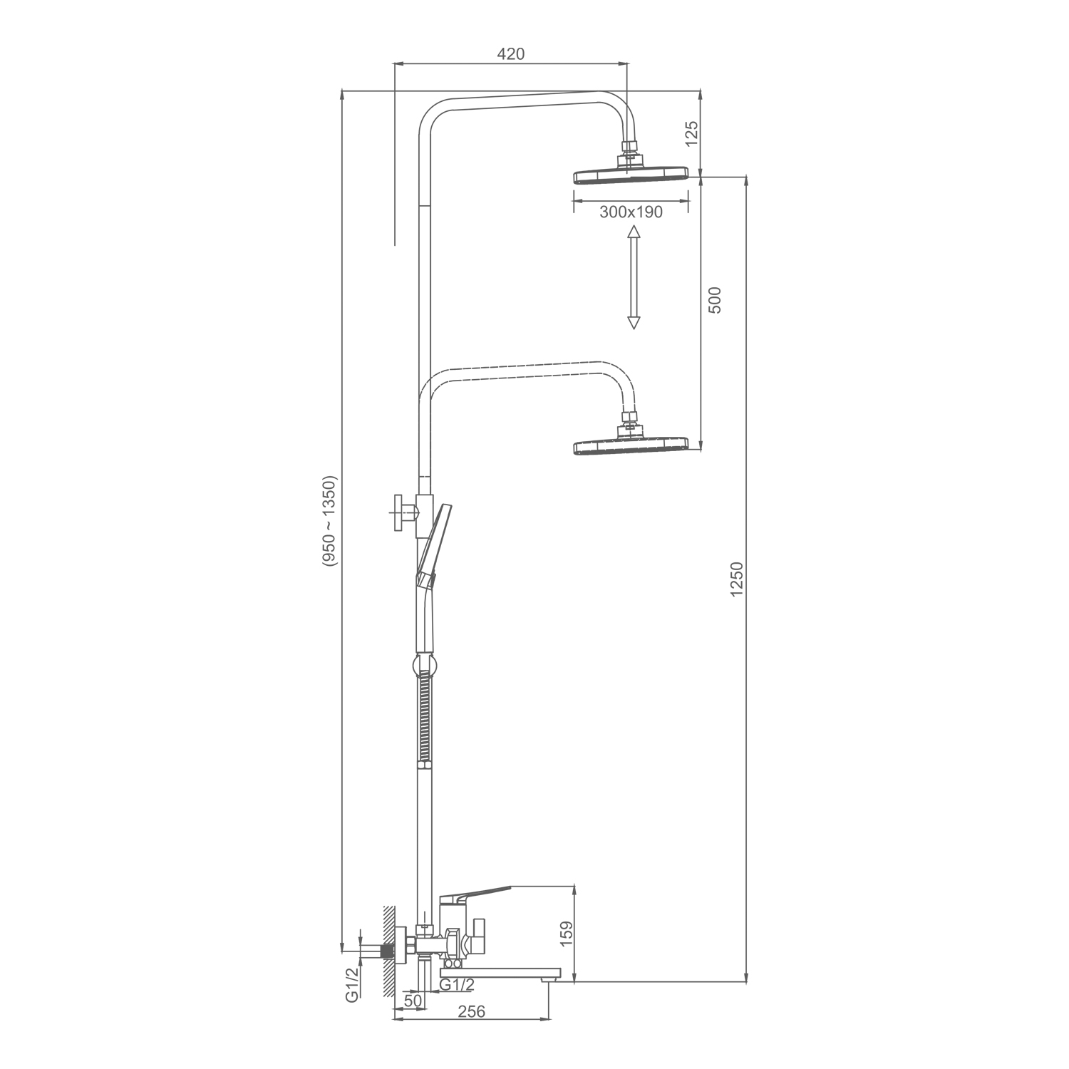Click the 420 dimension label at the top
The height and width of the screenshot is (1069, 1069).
click(510, 54)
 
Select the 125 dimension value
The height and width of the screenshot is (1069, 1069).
click(692, 134)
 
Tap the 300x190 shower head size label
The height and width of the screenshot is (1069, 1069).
click(631, 212)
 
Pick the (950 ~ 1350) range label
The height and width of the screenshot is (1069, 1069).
click(329, 521)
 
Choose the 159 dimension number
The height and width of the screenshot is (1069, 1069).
click(567, 934)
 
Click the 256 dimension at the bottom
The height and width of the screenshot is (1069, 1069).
click(471, 1012)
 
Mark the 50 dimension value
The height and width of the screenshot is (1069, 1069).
click(413, 1000)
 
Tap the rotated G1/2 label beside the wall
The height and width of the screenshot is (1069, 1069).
click(352, 986)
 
